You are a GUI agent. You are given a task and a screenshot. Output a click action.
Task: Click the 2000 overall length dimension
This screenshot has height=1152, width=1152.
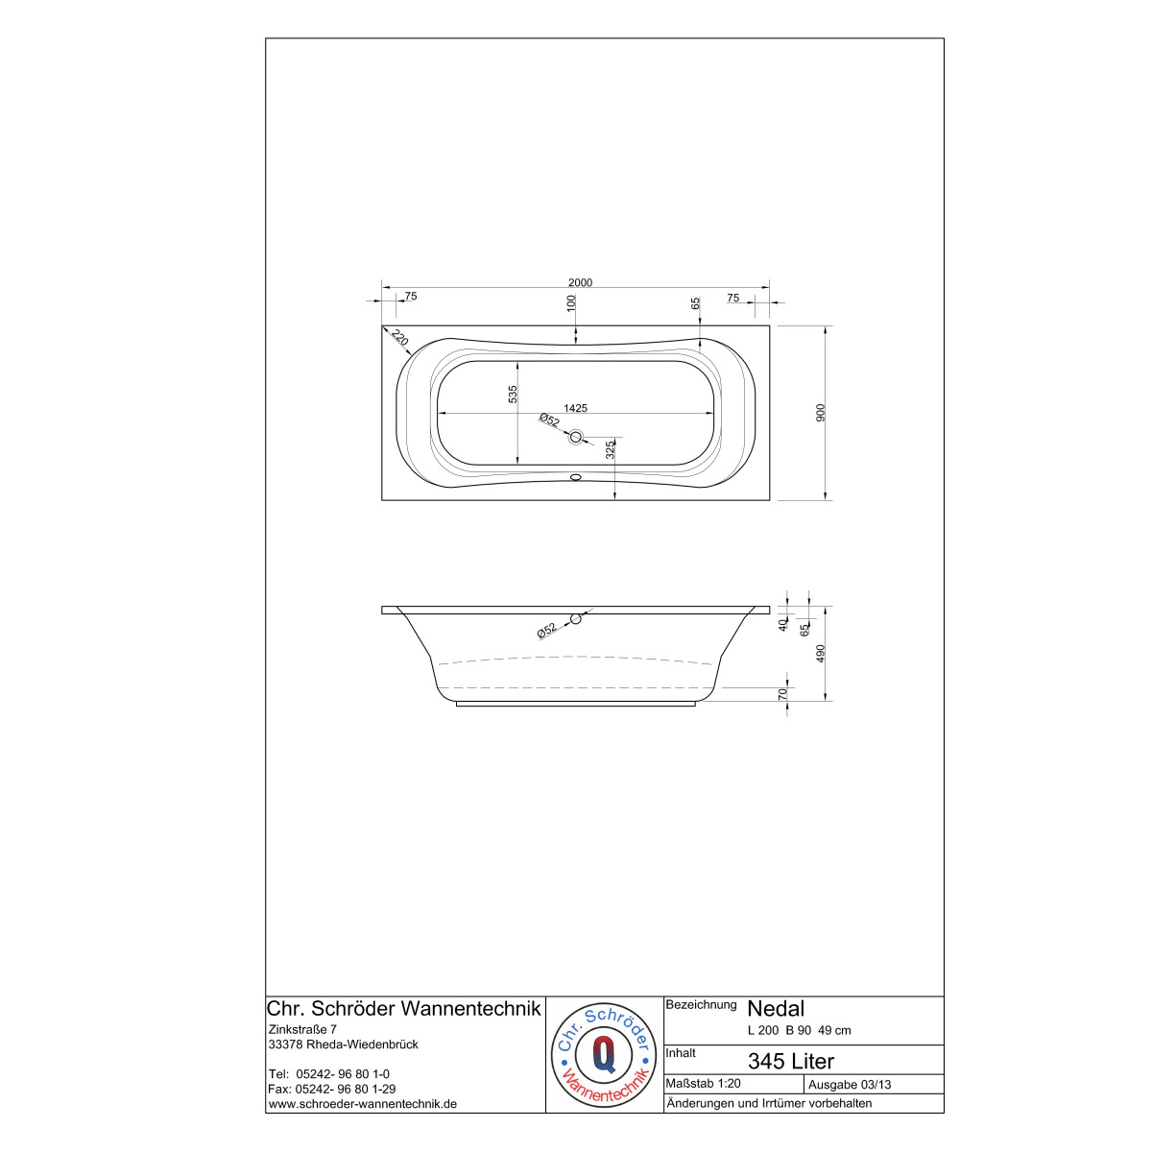580,283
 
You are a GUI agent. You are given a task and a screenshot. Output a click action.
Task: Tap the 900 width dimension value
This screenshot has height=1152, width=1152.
821,413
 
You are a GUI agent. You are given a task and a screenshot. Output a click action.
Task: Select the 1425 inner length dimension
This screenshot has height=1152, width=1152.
575,408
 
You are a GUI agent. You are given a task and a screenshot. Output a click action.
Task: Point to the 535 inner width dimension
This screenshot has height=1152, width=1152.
513,395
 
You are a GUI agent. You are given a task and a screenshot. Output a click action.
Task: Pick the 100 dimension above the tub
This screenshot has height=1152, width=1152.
571,303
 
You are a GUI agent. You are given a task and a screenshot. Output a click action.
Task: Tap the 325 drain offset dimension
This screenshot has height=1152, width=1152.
610,450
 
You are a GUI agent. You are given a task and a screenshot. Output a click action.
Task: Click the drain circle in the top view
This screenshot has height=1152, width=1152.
576,437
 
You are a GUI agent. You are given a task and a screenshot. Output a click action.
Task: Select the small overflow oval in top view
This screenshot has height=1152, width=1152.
576,477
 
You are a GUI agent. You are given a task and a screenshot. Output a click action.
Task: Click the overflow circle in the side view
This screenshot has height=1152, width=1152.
576,619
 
